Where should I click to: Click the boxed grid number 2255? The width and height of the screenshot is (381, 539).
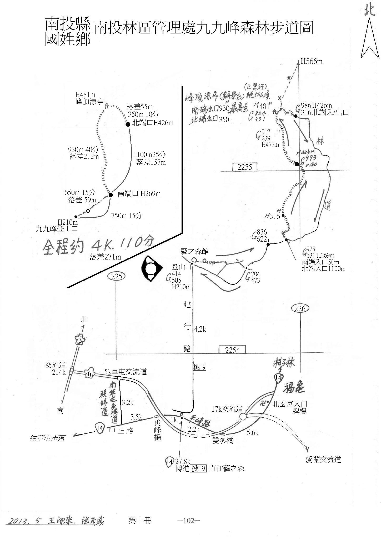tap(245, 167)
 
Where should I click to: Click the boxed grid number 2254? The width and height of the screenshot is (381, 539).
tap(233, 350)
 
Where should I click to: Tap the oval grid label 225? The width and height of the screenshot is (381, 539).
tap(117, 276)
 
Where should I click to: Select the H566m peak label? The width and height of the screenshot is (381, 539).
tap(311, 62)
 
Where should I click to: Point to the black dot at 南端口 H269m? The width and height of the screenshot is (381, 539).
tap(111, 195)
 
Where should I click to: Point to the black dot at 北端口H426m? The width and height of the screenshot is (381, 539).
tap(128, 124)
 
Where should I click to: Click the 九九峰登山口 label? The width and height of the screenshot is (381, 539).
tap(57, 228)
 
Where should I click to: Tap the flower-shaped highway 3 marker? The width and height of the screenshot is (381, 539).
tap(80, 341)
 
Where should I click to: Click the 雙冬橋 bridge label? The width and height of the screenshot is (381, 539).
tap(223, 440)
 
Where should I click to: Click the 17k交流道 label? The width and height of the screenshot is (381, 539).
tap(227, 409)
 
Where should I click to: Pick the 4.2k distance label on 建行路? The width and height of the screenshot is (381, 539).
tap(200, 329)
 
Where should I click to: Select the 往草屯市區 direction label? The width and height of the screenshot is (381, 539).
tap(47, 438)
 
